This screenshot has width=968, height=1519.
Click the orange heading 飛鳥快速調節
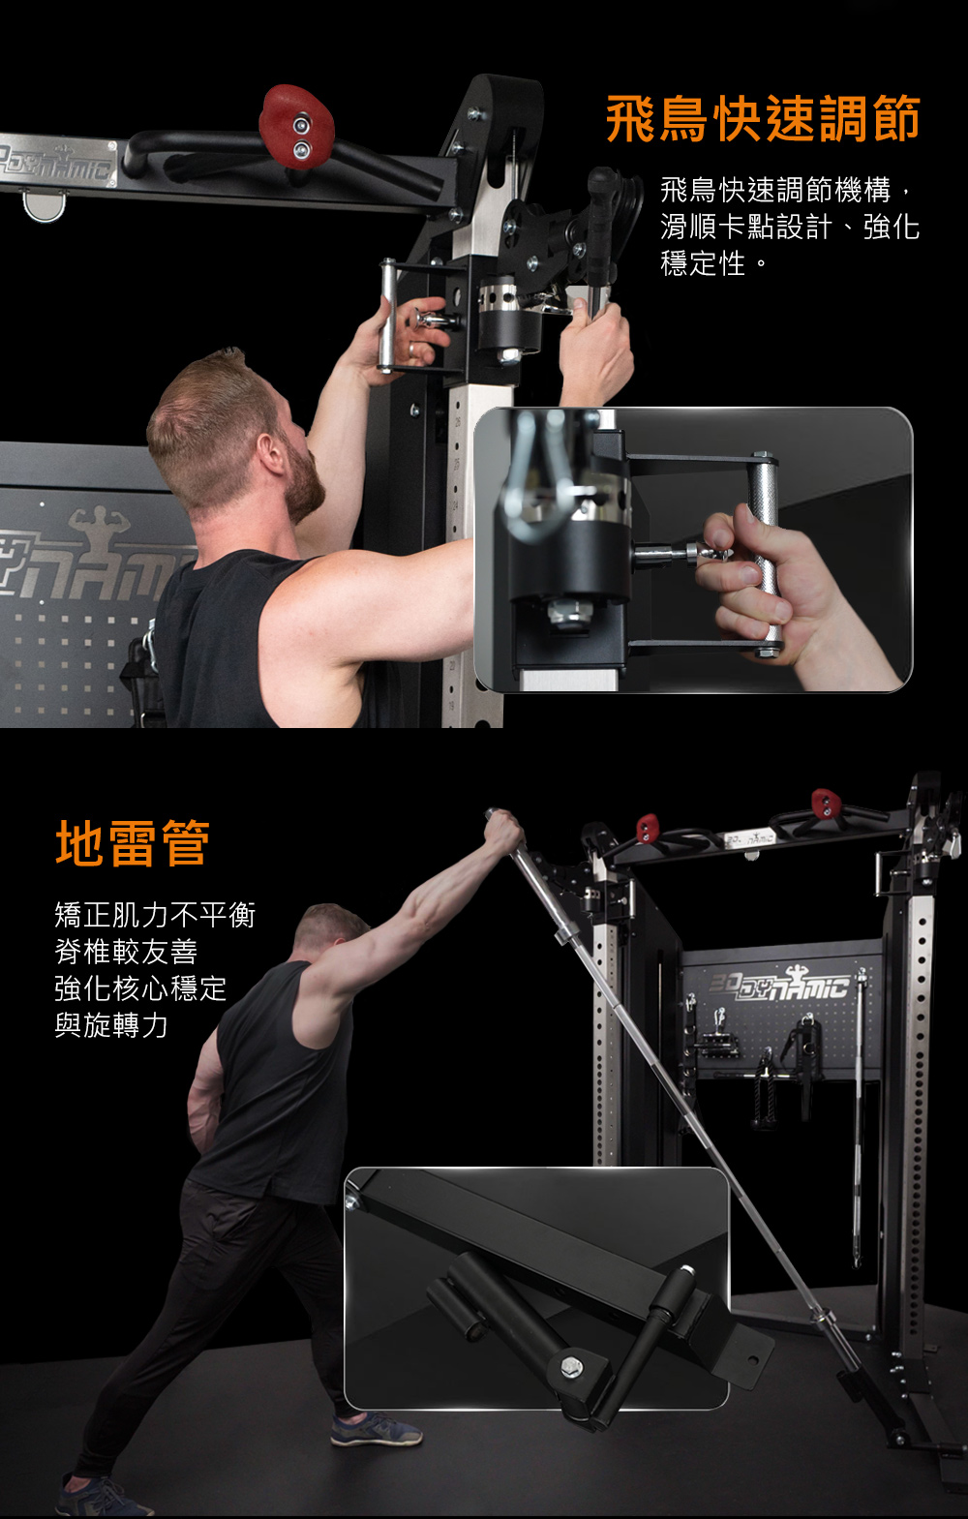click(x=764, y=119)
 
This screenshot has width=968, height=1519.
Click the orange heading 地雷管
click(x=133, y=843)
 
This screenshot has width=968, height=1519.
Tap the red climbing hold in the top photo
click(x=296, y=127)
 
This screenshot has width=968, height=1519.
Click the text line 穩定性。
click(x=714, y=263)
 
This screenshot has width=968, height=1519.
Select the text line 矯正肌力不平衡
click(x=155, y=915)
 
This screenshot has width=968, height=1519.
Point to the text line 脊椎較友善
click(x=126, y=952)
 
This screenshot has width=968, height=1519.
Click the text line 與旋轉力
click(x=111, y=1024)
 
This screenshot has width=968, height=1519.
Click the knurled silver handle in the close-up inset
click(x=766, y=554)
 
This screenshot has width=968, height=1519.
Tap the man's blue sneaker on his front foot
click(x=376, y=1430)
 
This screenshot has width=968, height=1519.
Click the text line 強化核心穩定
click(x=140, y=988)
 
